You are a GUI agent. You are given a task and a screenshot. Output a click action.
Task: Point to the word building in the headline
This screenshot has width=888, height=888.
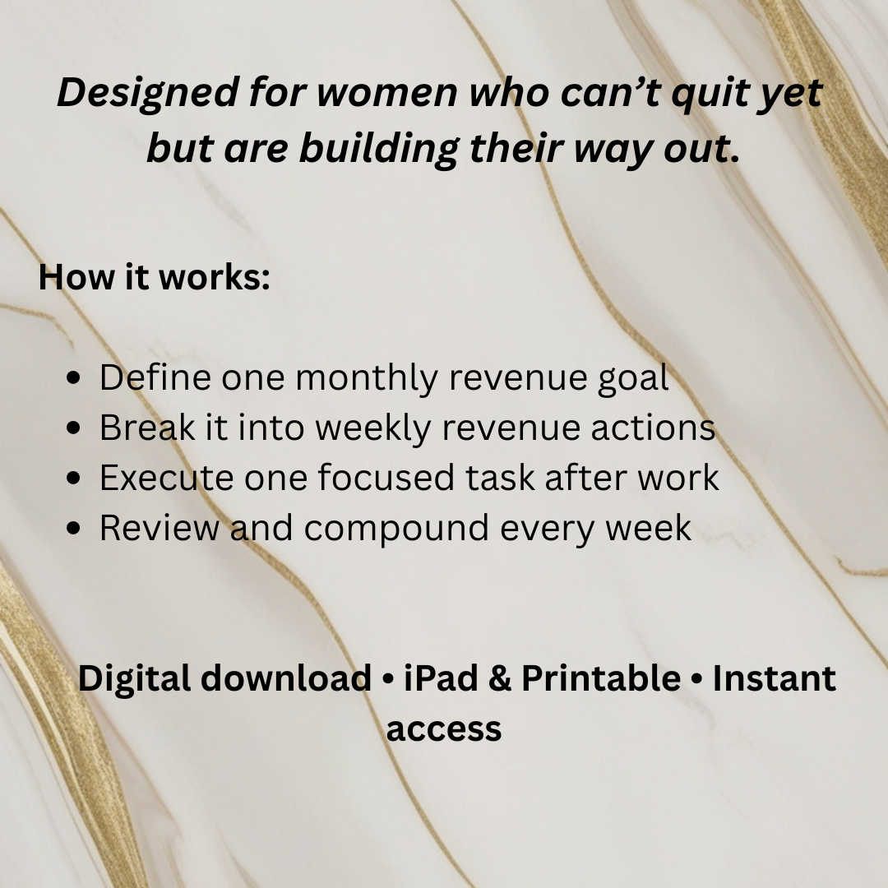pos(378,149)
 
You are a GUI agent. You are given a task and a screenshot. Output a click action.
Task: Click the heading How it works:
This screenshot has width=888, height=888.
pos(154,277)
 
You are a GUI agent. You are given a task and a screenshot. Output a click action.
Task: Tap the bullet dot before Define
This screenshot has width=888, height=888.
pos(74,377)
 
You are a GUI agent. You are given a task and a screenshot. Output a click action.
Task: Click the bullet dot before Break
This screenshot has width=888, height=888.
pos(74,428)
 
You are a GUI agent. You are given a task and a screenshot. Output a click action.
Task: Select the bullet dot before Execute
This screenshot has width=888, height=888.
pos(74,478)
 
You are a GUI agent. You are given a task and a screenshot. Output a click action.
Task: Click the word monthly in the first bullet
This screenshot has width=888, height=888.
pos(367,377)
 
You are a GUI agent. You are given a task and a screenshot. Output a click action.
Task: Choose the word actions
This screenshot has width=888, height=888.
pos(654,428)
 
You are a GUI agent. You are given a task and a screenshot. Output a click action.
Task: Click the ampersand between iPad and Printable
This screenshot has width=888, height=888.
pos(500,678)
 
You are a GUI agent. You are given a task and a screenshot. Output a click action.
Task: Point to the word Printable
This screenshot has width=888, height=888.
pos(601,678)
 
